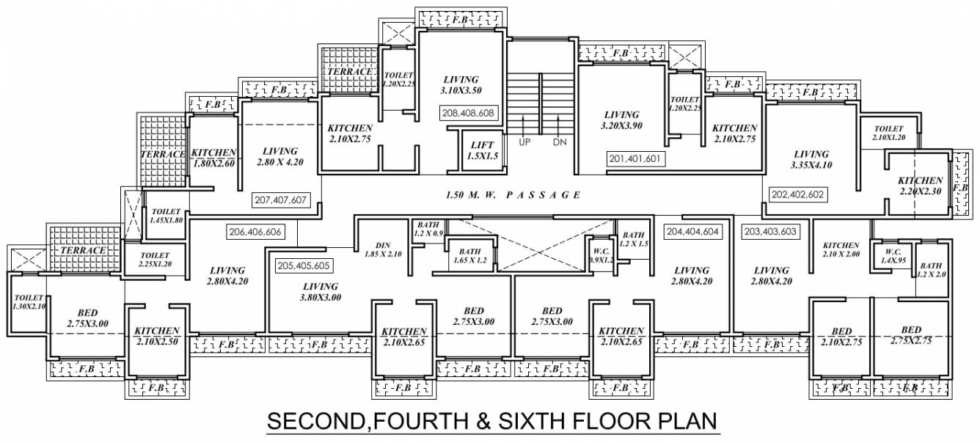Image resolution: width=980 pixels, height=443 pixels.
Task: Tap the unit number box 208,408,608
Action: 469,114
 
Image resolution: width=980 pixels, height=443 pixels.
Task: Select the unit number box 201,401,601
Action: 636,158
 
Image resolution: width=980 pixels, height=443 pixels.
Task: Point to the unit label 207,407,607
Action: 280,199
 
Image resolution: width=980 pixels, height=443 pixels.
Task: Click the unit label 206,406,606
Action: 254,231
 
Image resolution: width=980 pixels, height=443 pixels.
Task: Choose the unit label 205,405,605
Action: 304,266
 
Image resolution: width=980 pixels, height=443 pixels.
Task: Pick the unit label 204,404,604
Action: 692,231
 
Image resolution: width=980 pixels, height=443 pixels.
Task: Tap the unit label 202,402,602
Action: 797,194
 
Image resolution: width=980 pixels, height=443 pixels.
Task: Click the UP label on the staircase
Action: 524,142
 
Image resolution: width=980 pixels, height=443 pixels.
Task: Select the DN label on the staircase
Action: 560,142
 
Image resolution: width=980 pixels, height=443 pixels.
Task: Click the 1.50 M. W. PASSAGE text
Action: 513,196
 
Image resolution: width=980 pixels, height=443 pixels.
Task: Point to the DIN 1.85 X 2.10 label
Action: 384,250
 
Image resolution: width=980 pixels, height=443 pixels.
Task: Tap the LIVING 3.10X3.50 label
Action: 461,84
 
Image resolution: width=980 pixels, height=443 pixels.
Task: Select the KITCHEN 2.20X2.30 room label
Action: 920,186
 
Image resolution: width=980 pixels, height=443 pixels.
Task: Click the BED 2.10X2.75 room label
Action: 836,335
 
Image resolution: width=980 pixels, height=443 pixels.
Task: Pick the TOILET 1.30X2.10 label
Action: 29,302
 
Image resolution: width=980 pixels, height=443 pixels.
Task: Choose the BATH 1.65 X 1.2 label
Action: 469,255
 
